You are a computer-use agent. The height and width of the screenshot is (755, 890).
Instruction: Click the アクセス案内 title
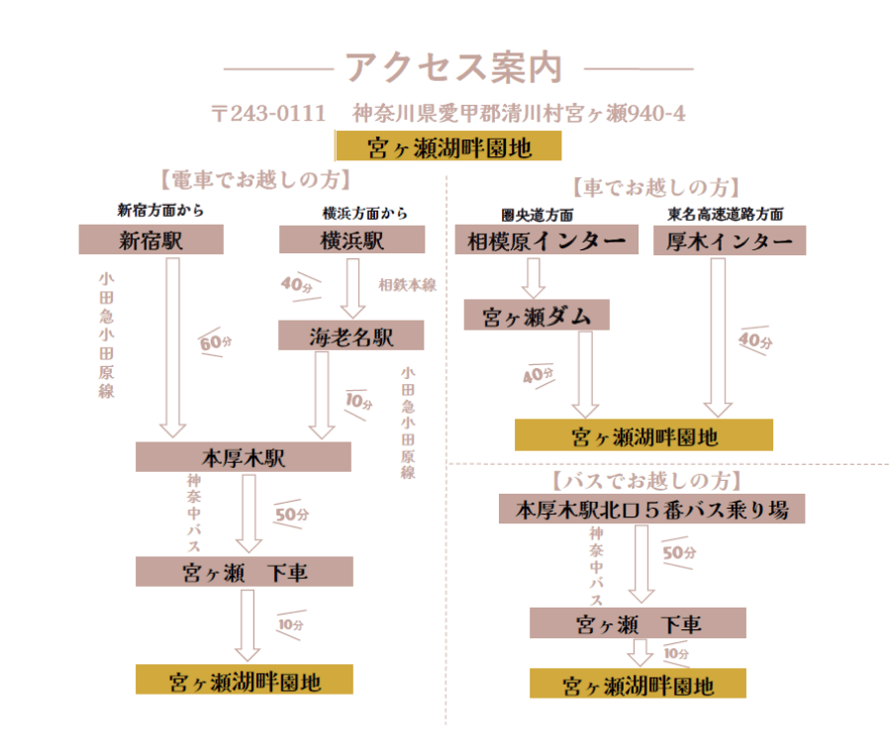coord(453,67)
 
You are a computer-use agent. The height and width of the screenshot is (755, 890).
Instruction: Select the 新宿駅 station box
coord(151,239)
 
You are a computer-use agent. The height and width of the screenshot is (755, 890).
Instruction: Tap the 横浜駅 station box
coord(351,239)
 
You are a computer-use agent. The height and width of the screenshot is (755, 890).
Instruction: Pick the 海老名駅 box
coord(350,335)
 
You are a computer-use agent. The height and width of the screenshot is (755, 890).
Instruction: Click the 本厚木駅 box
coord(243,456)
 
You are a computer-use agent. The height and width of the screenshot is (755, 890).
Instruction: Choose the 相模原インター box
coord(546,239)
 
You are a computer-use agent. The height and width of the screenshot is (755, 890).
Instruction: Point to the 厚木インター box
coord(730,240)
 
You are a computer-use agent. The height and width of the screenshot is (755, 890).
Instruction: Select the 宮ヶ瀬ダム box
coord(537,315)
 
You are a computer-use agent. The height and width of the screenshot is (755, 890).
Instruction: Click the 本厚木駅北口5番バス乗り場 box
coord(651,509)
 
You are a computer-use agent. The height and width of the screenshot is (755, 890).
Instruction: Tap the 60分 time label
coord(216,342)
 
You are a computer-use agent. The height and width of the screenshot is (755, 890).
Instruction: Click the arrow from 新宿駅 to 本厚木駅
coord(172,347)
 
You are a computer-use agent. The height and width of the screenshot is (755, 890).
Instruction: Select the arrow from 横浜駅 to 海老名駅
coord(353,289)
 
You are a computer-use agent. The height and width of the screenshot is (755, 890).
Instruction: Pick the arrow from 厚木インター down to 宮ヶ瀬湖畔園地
coord(718,338)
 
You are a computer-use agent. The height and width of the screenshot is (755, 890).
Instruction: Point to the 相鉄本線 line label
coord(408,285)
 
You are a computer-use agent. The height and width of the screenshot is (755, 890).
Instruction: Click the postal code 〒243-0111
coord(268,114)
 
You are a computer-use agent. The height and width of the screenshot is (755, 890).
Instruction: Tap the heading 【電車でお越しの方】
coord(255,180)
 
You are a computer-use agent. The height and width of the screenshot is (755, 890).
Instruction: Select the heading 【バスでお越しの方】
coord(647,481)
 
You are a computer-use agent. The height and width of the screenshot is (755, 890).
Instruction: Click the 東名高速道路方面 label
coord(726,214)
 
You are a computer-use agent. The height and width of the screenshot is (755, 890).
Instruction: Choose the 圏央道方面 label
coord(537,215)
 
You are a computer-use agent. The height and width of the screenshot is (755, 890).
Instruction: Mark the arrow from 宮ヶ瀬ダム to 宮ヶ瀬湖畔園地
coord(585,375)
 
